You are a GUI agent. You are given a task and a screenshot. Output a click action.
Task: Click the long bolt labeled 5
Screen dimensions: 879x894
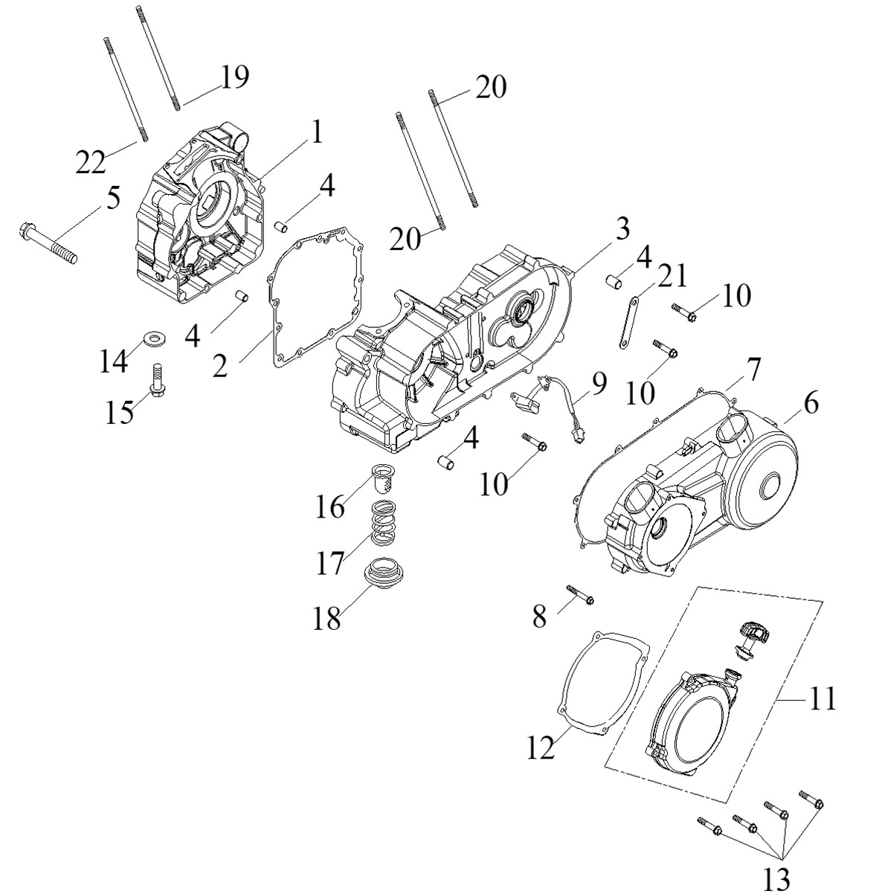(x=48, y=243)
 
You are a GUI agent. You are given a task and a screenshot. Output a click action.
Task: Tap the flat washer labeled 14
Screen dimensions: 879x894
(x=154, y=338)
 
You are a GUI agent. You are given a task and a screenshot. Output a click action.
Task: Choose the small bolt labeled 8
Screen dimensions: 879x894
(x=581, y=595)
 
